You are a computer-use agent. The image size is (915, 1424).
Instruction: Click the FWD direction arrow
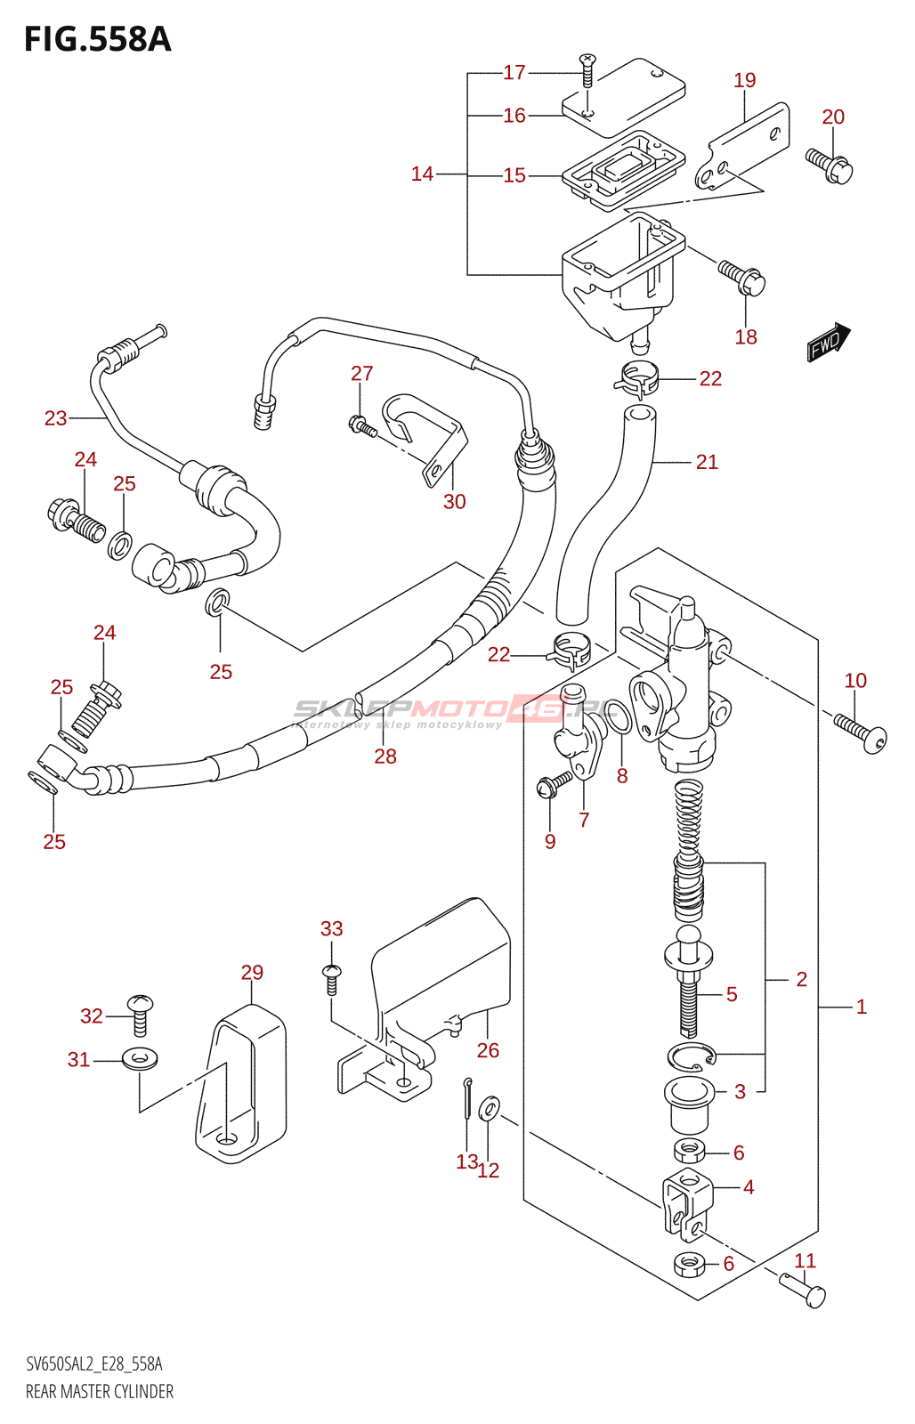829,342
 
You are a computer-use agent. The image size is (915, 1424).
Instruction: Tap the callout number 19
745,81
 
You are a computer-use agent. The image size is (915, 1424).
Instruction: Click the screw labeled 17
587,70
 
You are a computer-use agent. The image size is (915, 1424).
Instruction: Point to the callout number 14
422,174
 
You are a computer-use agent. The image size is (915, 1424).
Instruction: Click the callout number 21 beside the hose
707,462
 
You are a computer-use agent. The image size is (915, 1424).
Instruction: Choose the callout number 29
252,973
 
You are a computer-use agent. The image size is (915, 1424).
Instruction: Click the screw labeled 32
141,1015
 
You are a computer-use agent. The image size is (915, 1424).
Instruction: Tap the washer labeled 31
140,1059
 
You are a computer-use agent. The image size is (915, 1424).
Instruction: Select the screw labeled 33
331,977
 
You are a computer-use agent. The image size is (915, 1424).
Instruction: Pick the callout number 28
385,756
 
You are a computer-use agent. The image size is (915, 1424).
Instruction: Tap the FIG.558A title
97,40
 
